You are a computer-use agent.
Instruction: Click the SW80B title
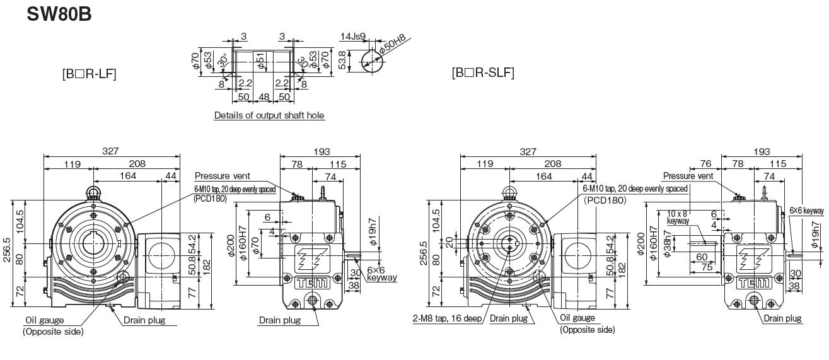(59, 14)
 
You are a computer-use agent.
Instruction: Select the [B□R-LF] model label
(89, 73)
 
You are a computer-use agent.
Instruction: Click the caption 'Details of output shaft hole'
(269, 115)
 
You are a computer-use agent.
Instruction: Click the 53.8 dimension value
(342, 61)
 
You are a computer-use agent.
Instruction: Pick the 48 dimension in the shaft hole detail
(264, 97)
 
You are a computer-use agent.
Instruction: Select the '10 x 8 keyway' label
(678, 218)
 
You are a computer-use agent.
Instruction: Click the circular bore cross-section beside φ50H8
(374, 61)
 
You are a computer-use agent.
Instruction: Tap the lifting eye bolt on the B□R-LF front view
(93, 192)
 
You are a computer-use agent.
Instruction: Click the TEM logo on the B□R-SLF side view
(753, 283)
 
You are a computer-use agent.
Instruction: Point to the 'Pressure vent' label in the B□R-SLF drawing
(688, 176)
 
